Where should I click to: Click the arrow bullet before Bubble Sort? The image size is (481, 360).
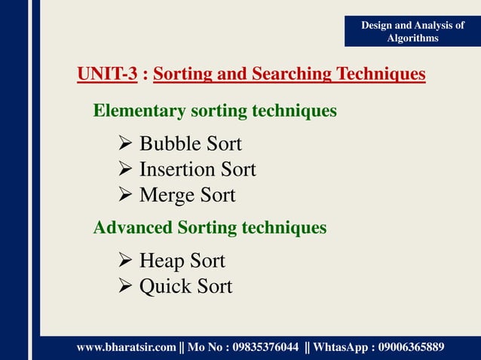(126, 144)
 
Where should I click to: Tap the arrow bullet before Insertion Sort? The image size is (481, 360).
(126, 169)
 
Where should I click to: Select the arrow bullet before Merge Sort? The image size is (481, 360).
(126, 196)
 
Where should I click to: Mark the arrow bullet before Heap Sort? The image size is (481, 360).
(126, 261)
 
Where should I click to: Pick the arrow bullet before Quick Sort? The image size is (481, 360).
(126, 287)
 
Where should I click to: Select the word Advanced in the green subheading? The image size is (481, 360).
(133, 227)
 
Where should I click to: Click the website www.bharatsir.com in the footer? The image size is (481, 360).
(126, 346)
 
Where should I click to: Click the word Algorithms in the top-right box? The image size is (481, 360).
(412, 38)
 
